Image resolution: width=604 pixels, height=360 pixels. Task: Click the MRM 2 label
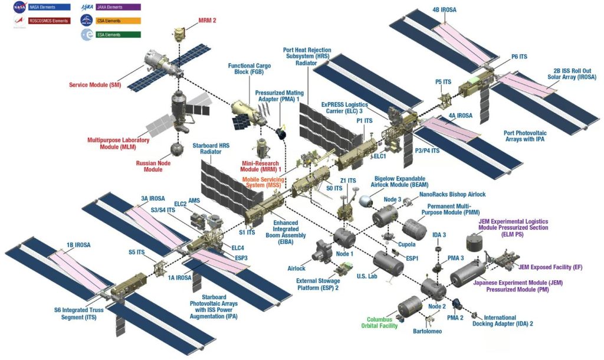pos(207,20)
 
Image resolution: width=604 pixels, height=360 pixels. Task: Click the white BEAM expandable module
pos(367,200)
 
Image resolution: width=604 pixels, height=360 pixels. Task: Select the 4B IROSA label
pos(444,10)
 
